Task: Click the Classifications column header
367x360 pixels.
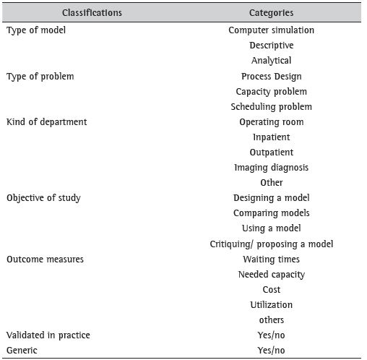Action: [x=92, y=13]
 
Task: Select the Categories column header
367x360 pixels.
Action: [x=271, y=13]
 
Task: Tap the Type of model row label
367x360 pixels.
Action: [x=35, y=30]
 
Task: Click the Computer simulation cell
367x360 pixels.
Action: [x=271, y=30]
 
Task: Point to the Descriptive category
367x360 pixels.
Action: [x=271, y=46]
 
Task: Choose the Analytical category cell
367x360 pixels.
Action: [x=271, y=61]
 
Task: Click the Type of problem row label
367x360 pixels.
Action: [x=40, y=76]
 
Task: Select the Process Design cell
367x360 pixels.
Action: [x=271, y=76]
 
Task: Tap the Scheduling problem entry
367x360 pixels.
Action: [x=271, y=107]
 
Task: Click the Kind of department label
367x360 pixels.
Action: [x=46, y=121]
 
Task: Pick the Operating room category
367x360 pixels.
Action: [x=271, y=122]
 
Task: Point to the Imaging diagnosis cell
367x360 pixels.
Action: [x=271, y=168]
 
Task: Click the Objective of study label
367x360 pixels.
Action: [x=43, y=198]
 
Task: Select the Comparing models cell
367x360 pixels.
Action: [x=271, y=213]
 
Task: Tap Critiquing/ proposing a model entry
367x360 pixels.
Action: [x=271, y=244]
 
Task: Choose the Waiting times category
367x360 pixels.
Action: [x=271, y=259]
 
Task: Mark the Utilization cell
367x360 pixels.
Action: [x=271, y=304]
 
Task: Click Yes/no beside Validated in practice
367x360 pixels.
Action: [x=271, y=335]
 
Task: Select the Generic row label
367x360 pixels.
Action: [x=22, y=350]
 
